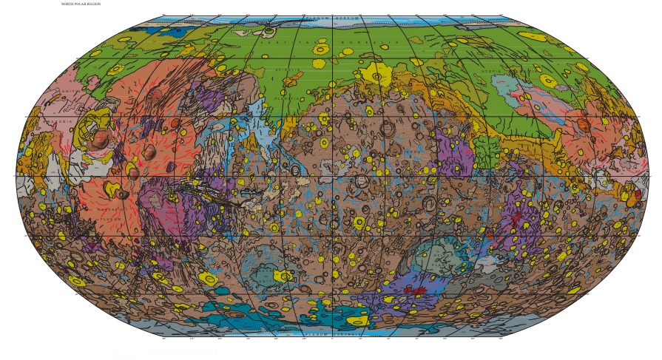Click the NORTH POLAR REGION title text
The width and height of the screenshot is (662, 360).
click(x=81, y=4)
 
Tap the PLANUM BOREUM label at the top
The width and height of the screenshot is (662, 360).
click(x=334, y=18)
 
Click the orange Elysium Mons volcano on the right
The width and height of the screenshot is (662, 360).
click(x=584, y=125)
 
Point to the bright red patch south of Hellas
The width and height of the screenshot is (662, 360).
click(x=418, y=291)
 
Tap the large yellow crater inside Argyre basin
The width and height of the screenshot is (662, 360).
click(x=283, y=276)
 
